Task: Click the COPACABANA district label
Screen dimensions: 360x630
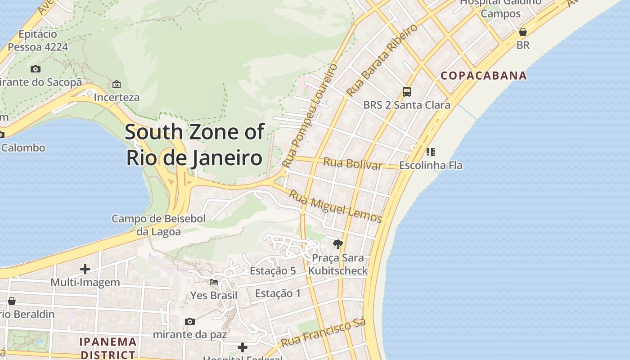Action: tap(483, 76)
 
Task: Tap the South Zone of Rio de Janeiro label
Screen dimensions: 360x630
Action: tap(194, 145)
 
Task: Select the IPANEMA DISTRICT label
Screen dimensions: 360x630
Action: tap(108, 348)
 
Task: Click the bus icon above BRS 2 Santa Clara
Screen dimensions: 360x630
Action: tap(407, 92)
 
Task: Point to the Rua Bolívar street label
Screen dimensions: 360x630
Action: tap(352, 164)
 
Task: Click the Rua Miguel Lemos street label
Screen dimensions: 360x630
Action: tap(335, 207)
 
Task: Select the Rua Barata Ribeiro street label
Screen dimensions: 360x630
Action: tap(382, 60)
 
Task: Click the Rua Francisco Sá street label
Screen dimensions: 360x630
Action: tap(323, 333)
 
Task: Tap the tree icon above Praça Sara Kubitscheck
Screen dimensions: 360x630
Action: tap(337, 244)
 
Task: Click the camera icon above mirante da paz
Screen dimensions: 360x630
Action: tap(190, 321)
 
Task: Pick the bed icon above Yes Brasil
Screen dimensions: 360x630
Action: tap(214, 282)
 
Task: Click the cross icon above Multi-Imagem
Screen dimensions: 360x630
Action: tap(85, 269)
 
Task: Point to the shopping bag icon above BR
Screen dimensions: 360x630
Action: tap(523, 32)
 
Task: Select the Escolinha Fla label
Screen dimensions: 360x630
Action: tap(431, 165)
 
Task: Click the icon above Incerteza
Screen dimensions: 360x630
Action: tap(117, 84)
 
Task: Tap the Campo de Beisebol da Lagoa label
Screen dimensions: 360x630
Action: tap(158, 225)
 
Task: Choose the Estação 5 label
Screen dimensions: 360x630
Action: tap(273, 271)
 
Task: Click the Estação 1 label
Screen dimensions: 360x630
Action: tap(278, 293)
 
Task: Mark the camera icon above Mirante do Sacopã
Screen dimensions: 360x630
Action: tap(36, 69)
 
